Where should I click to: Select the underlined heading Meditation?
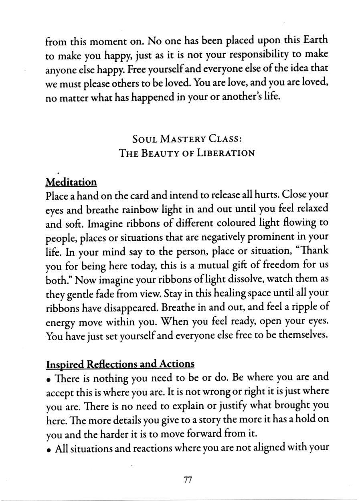[x=71, y=182]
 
